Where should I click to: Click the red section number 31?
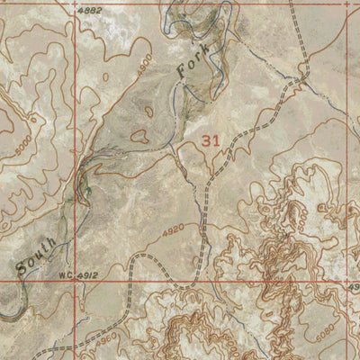[x=211, y=140]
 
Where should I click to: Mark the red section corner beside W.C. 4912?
[x=77, y=280]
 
